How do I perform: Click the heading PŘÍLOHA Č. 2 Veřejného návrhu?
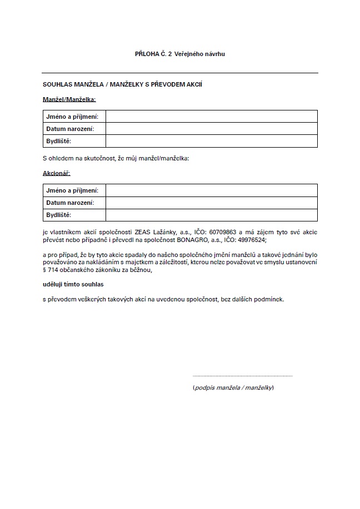pyautogui.click(x=180, y=54)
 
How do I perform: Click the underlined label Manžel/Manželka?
pyautogui.click(x=69, y=99)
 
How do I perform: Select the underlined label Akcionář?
pyautogui.click(x=56, y=173)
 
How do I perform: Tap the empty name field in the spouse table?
pyautogui.click(x=211, y=117)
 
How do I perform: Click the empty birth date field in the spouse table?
pyautogui.click(x=211, y=129)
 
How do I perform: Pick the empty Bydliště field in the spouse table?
pyautogui.click(x=211, y=141)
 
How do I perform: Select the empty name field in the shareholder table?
pyautogui.click(x=211, y=190)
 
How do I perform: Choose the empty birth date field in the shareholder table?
pyautogui.click(x=211, y=203)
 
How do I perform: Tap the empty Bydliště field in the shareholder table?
pyautogui.click(x=211, y=215)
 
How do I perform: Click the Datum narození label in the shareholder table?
pyautogui.click(x=70, y=203)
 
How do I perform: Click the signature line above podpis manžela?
pyautogui.click(x=242, y=376)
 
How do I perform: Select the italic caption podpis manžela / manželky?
pyautogui.click(x=233, y=387)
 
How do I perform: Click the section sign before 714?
pyautogui.click(x=44, y=270)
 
